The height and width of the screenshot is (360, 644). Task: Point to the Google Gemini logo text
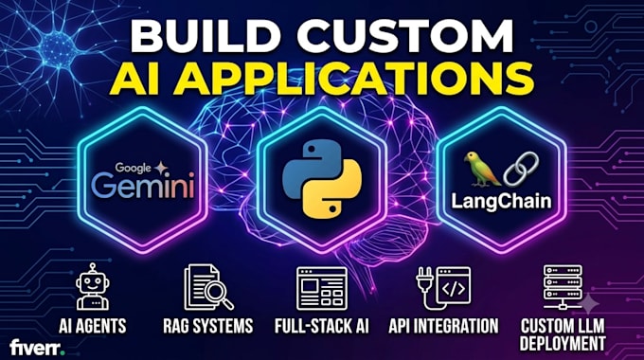[142, 180]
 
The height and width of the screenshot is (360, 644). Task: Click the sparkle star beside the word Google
[161, 168]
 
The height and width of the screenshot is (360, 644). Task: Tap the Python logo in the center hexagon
[322, 178]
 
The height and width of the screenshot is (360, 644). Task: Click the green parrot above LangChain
[481, 169]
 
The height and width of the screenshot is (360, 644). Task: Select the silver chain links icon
[521, 169]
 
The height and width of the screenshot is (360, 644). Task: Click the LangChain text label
[501, 202]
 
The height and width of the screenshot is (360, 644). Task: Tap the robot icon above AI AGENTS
[93, 286]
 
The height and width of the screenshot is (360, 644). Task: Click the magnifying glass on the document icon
[219, 295]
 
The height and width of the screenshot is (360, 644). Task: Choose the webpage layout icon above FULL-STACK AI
[322, 289]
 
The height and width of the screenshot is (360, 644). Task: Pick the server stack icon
[563, 287]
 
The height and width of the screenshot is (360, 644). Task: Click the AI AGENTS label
[93, 326]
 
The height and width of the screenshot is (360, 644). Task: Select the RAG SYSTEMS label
[208, 326]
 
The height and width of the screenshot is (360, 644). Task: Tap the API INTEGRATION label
[443, 326]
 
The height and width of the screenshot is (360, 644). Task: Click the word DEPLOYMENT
[563, 344]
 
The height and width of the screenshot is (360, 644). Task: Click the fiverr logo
[37, 348]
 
